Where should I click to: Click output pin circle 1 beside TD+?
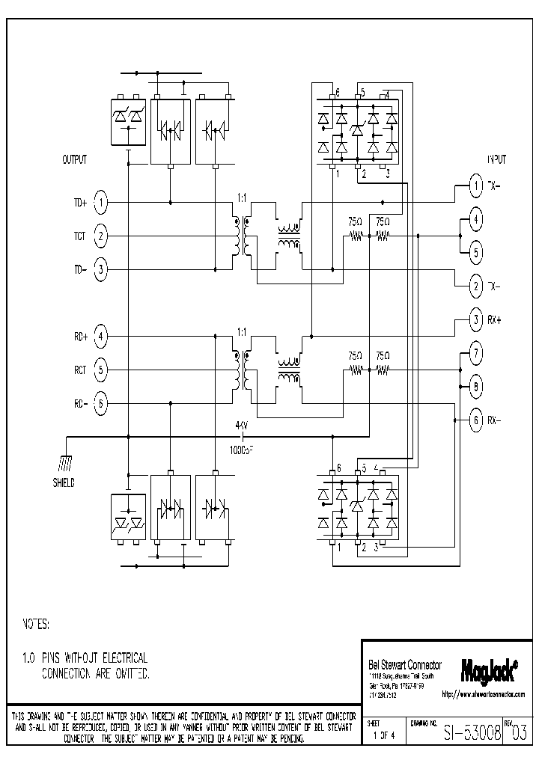point(103,203)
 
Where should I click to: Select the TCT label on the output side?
point(79,236)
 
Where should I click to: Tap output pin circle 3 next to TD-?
point(103,269)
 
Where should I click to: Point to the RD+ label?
point(80,337)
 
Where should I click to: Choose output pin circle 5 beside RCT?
point(103,370)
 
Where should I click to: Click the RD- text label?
point(80,404)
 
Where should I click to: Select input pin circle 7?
point(475,353)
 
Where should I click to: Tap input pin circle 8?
point(475,387)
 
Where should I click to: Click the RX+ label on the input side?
point(495,319)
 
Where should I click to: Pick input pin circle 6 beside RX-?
point(475,420)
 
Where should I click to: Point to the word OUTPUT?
point(74,160)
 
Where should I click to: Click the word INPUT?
point(496,160)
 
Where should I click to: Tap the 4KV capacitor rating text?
point(242,426)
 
